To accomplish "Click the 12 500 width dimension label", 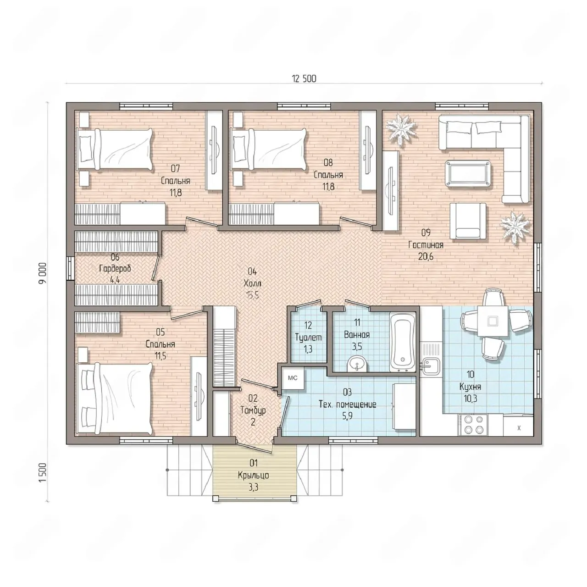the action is [304, 79].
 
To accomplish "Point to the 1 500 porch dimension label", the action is [43, 472].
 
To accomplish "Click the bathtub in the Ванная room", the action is [403, 342].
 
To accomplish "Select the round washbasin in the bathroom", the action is [357, 363].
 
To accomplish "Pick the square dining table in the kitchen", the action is [492, 321].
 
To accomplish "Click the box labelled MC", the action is [293, 378].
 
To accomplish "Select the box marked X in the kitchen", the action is [519, 427].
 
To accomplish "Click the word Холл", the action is [253, 284].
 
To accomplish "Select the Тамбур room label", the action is [253, 410].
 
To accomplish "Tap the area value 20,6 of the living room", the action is [426, 256].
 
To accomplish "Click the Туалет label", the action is [309, 338].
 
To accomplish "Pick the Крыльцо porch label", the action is [254, 476].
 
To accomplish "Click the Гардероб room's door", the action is [156, 268].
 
